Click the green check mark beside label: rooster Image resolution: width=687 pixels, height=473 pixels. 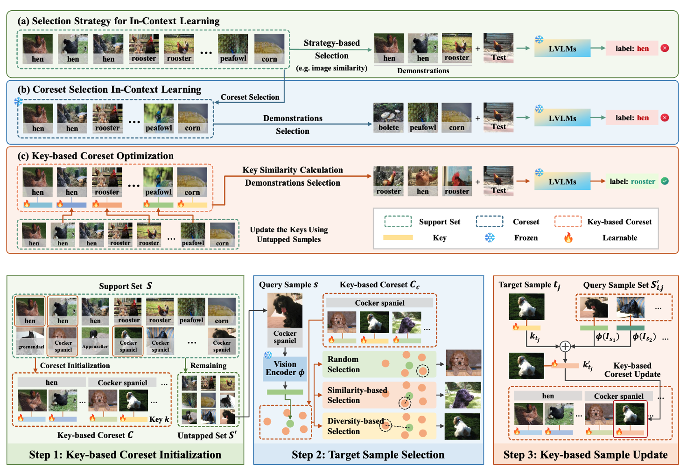point(665,181)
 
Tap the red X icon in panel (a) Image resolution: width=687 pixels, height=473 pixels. point(665,48)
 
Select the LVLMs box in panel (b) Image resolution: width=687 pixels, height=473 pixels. point(562,118)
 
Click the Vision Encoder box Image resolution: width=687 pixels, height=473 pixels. point(285,368)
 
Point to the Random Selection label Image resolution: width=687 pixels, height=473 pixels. point(343,364)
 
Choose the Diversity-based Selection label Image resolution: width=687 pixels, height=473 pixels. point(355,426)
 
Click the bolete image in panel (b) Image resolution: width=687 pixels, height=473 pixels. point(388,118)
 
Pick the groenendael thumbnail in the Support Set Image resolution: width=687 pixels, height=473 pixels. point(31,341)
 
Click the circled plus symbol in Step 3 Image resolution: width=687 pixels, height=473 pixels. point(565,346)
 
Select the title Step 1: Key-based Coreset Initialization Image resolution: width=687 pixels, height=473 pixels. point(125,455)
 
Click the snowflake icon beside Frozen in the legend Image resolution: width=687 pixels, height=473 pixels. point(490,238)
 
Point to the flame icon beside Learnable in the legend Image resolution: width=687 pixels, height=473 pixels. point(568,238)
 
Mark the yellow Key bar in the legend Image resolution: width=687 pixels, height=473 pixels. point(398,237)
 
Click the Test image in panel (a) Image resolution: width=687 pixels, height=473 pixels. point(498,48)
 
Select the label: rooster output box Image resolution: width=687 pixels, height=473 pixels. point(632,181)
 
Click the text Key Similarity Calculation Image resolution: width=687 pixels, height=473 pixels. point(293,170)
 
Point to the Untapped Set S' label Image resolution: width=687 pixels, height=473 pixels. point(207,435)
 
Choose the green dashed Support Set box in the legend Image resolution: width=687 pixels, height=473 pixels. point(398,222)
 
